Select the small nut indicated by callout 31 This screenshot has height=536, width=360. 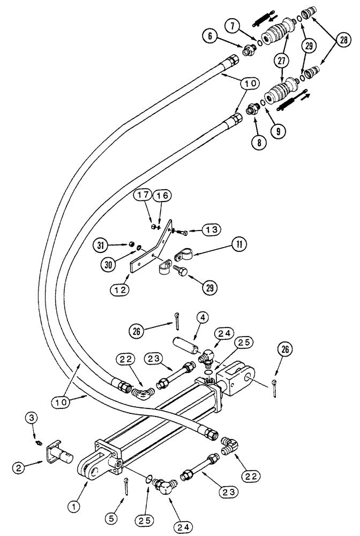click(132, 245)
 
